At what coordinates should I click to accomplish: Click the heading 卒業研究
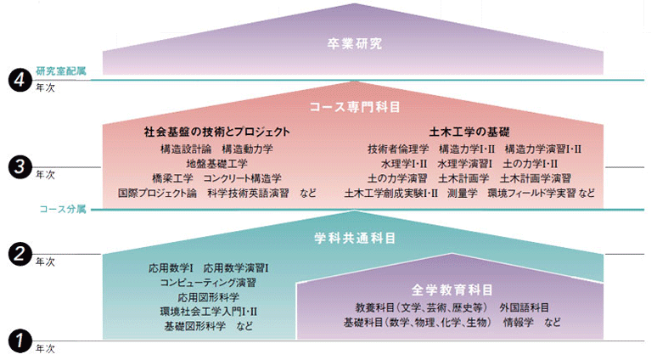355,44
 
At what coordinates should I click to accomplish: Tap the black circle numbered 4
20,80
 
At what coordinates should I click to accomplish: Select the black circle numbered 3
20,167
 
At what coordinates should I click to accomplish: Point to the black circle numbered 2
20,254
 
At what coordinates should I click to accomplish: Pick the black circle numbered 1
20,341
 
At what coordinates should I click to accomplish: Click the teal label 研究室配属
61,70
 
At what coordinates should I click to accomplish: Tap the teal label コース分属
63,209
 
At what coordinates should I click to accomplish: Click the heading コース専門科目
355,107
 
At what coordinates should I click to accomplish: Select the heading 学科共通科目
355,239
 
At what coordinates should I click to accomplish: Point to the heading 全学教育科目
452,290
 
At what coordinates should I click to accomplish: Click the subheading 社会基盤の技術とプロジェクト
217,132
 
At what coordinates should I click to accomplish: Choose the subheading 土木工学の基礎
469,132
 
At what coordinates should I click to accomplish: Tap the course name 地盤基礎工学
217,164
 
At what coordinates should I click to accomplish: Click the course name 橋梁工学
172,178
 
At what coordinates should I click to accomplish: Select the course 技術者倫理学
398,149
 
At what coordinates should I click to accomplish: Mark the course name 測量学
462,194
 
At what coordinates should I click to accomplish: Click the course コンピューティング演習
208,283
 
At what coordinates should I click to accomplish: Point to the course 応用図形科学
208,297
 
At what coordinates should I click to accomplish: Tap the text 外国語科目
525,307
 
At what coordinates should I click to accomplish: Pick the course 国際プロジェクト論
157,194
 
